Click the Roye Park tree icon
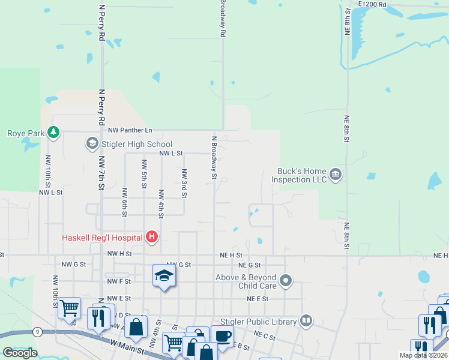[x=54, y=132]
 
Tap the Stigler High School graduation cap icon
[x=92, y=143]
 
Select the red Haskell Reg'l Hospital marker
[x=152, y=238]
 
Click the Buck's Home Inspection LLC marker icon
[x=336, y=175]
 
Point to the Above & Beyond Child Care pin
[x=286, y=280]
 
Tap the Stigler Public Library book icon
[x=306, y=321]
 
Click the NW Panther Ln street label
[x=130, y=130]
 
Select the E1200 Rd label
[x=372, y=4]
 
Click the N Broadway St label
[x=213, y=157]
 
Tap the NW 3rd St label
[x=184, y=182]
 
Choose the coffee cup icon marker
[x=222, y=336]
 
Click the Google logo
[x=20, y=353]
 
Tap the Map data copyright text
[x=423, y=355]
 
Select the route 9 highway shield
[x=37, y=331]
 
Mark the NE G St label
[x=250, y=265]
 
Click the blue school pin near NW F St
[x=164, y=276]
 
